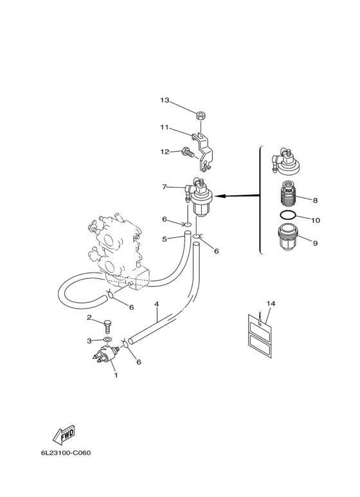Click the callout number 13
165,100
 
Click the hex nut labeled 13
200,114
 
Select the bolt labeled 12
187,153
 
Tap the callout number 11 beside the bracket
164,127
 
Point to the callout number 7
164,186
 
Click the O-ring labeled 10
288,215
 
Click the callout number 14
271,303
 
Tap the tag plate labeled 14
260,336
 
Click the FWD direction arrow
64,435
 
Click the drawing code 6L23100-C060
66,453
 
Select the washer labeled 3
107,340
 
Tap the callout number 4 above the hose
157,304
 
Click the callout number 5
164,239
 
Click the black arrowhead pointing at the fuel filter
222,196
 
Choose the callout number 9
315,243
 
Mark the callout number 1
116,375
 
